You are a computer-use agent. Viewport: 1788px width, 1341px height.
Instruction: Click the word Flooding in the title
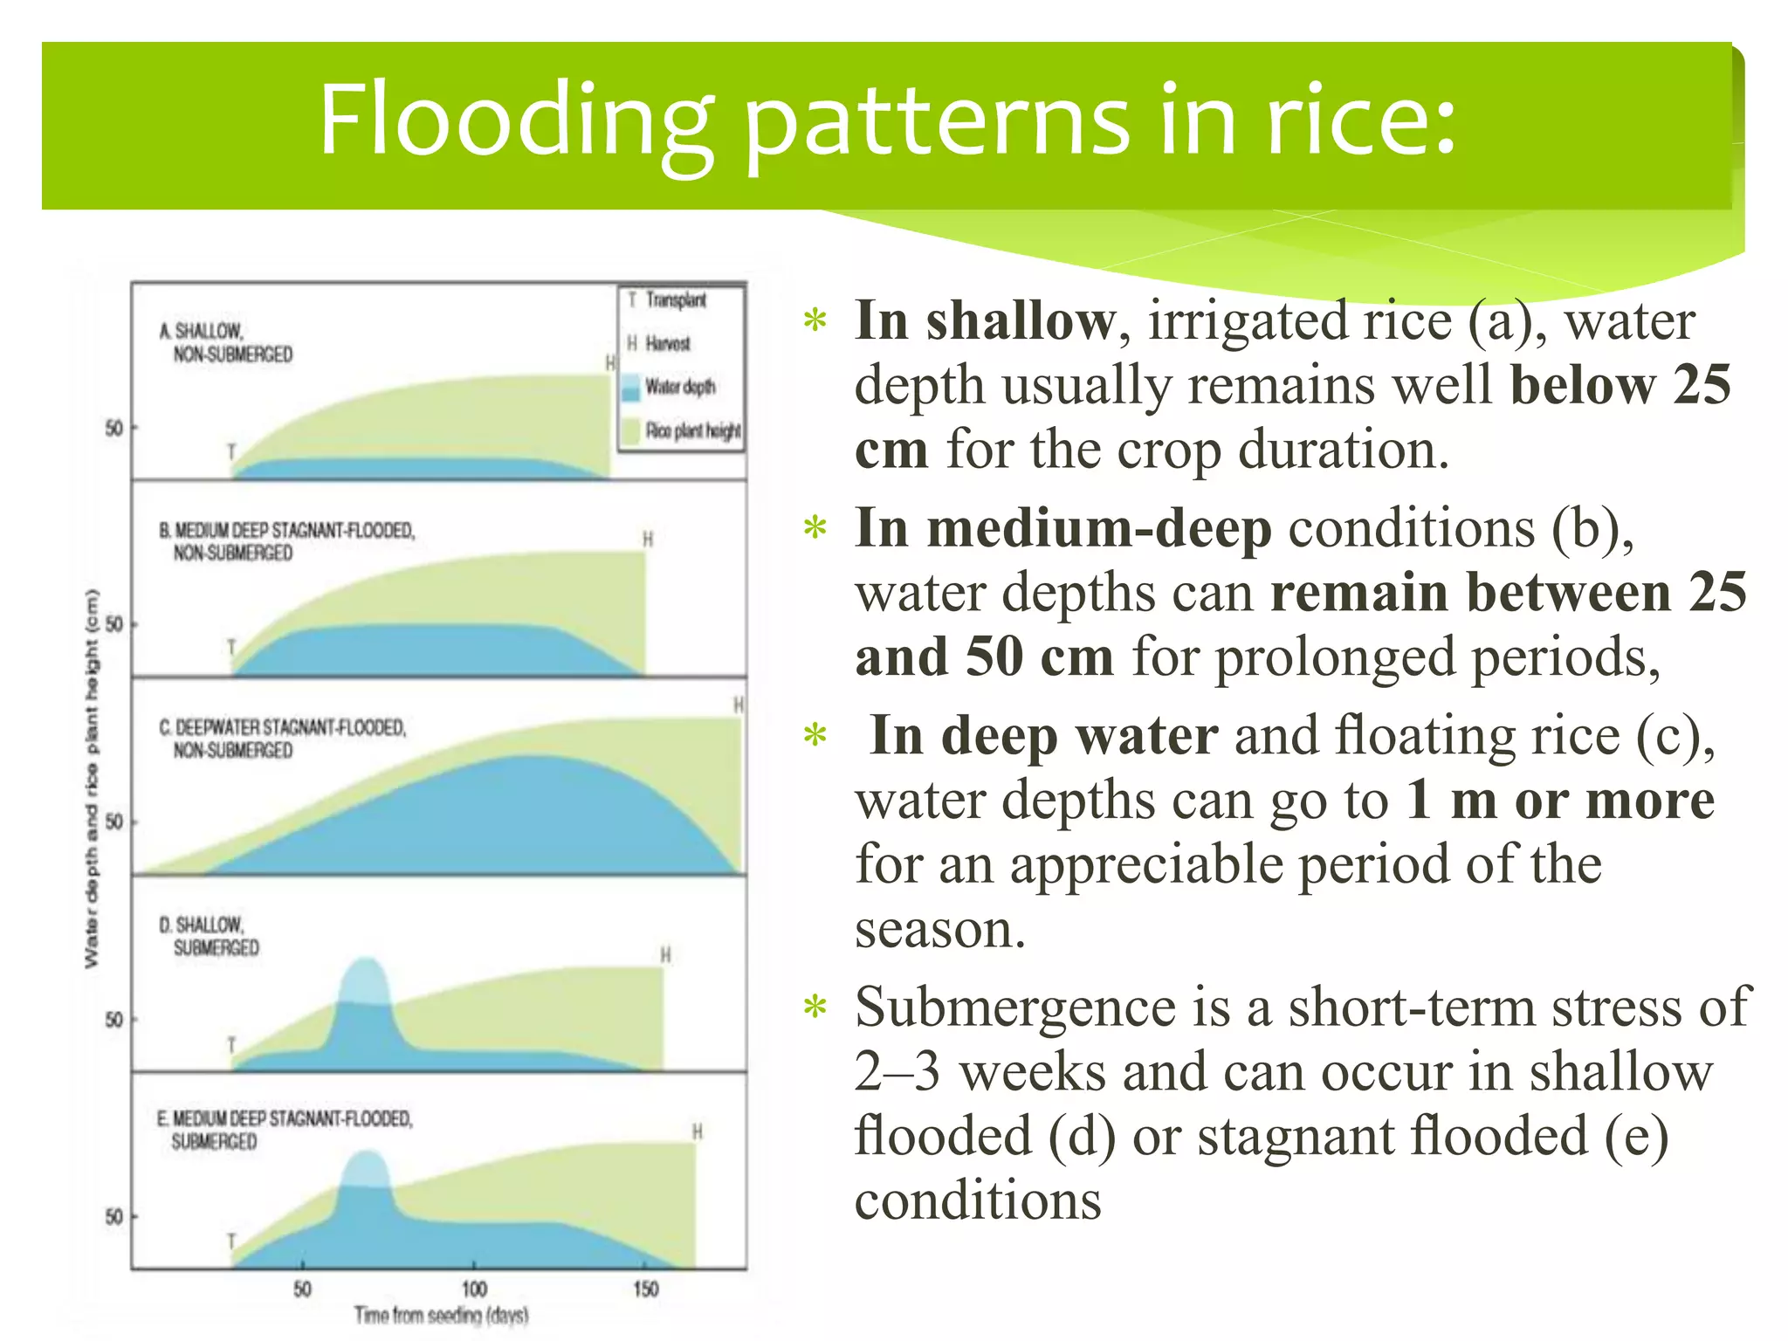515,120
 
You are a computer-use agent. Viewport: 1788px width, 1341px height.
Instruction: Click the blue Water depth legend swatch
631,387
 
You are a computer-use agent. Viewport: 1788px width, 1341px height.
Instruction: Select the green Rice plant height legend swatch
631,430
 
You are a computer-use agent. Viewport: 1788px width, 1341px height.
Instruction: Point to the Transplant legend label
676,300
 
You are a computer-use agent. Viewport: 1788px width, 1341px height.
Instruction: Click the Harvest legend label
668,344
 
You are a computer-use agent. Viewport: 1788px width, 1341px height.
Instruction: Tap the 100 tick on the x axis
474,1289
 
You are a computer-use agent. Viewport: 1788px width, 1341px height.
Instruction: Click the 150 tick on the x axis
645,1289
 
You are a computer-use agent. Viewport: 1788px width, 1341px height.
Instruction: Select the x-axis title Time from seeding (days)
441,1315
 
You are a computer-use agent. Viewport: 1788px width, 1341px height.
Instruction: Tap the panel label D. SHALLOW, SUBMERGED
210,936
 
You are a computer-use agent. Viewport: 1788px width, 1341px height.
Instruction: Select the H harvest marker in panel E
697,1131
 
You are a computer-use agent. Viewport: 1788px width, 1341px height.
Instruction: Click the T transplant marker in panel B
231,647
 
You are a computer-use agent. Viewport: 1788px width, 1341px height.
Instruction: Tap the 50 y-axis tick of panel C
114,822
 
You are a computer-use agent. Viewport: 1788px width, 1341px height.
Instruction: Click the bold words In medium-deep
1062,529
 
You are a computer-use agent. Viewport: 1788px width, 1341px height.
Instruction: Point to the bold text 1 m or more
1559,800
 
